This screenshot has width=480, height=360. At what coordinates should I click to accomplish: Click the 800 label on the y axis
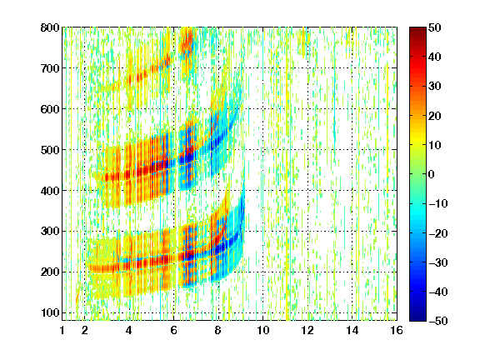click(x=50, y=27)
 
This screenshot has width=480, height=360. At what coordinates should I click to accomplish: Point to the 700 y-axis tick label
click(x=50, y=68)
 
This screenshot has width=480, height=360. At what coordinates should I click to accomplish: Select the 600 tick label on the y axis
click(x=50, y=109)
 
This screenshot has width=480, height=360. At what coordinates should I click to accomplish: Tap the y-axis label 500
click(x=50, y=150)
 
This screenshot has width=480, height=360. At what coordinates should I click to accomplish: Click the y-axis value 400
click(x=50, y=191)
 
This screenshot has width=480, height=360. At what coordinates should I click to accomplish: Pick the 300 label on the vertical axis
click(x=50, y=232)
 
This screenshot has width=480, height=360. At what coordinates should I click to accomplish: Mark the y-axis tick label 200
click(x=50, y=272)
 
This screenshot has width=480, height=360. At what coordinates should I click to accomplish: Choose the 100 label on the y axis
click(x=50, y=312)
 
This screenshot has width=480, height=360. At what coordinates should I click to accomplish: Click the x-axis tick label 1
click(x=62, y=330)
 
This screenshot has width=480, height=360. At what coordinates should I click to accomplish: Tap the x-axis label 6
click(x=173, y=330)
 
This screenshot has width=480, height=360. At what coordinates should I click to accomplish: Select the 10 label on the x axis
click(x=263, y=330)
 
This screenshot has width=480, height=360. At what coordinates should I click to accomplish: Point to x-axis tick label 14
click(x=352, y=330)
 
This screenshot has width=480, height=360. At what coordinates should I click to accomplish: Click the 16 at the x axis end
click(x=397, y=330)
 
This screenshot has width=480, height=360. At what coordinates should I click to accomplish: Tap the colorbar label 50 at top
click(x=435, y=27)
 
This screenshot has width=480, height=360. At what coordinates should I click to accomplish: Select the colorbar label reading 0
click(x=432, y=174)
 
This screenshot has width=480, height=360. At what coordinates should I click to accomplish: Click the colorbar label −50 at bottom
click(x=438, y=321)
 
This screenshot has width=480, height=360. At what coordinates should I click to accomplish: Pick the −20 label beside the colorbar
click(x=438, y=233)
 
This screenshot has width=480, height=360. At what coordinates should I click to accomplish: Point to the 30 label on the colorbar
click(x=435, y=87)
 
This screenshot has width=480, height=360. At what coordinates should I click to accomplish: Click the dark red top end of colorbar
click(x=417, y=29)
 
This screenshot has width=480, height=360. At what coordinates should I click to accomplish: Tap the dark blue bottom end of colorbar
click(x=417, y=318)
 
